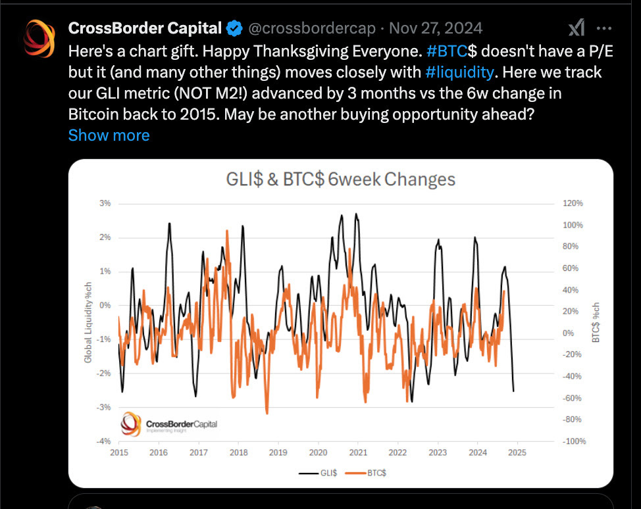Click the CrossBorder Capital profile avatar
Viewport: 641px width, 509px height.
pos(39,38)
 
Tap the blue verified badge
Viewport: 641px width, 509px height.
pos(234,28)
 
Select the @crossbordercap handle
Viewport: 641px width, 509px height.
pos(311,28)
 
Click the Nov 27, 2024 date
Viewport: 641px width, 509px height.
pos(436,28)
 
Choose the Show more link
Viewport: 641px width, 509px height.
pos(109,135)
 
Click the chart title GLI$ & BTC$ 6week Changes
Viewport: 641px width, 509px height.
pos(340,180)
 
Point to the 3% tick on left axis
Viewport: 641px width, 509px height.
pos(105,203)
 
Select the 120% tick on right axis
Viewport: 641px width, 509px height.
pos(573,203)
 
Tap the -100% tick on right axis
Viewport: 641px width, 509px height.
pos(573,441)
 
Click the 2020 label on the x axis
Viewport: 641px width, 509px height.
pos(318,452)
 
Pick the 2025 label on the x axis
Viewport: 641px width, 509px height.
pos(517,452)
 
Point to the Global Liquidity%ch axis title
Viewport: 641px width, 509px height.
pos(88,322)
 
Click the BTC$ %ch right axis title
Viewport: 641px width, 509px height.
pos(596,322)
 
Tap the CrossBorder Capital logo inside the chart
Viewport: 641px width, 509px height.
pos(169,424)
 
